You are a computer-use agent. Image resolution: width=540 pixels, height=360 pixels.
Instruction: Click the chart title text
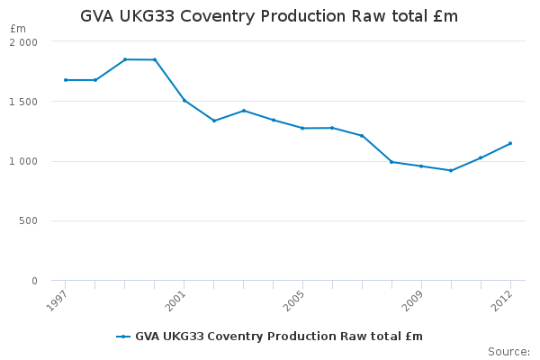tap(269, 16)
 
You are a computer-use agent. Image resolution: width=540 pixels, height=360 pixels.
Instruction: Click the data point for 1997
tap(66, 80)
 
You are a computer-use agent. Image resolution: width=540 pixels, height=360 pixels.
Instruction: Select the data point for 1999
tap(125, 59)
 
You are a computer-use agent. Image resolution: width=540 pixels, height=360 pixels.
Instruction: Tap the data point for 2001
tap(184, 101)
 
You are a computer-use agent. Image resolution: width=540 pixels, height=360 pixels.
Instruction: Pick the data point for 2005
tap(302, 128)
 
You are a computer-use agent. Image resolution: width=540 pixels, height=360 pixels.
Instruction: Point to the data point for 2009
tap(421, 166)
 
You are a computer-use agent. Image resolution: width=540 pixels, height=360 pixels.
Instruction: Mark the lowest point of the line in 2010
tap(451, 170)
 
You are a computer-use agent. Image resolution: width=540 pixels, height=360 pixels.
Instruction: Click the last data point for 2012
tap(510, 143)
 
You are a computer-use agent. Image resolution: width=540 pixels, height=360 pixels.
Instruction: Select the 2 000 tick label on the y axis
tap(23, 42)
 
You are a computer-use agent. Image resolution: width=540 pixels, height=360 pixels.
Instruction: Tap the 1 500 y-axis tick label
tap(23, 102)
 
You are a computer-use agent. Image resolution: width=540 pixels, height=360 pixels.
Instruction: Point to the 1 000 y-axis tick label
tap(23, 161)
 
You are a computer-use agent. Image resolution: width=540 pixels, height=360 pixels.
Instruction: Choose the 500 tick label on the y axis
tap(28, 220)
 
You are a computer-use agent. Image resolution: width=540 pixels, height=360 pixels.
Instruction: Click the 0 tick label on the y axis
tap(34, 281)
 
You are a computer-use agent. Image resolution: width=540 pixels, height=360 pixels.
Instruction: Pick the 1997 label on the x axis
tap(57, 301)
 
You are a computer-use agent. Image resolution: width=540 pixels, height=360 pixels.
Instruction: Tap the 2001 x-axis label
tap(175, 301)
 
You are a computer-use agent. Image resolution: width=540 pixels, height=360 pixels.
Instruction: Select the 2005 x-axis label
tap(293, 301)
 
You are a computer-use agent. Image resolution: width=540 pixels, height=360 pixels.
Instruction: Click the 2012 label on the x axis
tap(502, 301)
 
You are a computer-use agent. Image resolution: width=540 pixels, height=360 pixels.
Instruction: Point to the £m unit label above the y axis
tap(18, 29)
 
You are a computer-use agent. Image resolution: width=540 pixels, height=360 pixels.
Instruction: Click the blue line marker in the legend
tap(123, 337)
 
